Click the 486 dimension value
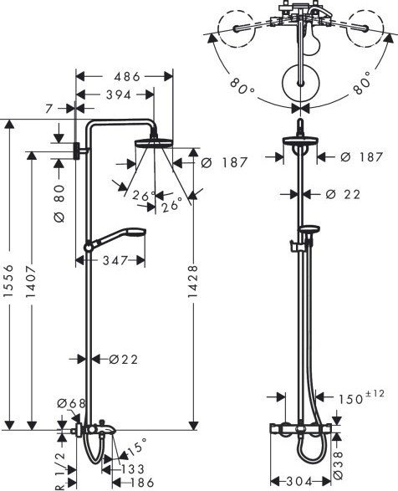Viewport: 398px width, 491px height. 127,76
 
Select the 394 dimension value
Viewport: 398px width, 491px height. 119,95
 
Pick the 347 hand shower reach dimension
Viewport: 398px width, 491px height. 115,260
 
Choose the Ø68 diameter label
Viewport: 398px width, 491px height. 71,404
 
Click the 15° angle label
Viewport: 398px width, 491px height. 137,446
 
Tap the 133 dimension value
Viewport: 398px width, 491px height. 132,468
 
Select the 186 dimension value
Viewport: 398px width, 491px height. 141,483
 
